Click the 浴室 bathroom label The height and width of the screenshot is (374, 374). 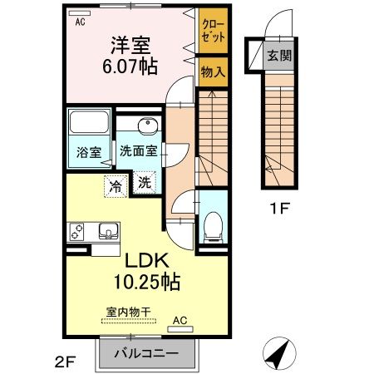(x=89, y=153)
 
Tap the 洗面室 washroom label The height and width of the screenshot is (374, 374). (x=138, y=153)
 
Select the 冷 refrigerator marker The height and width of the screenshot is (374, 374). (x=116, y=185)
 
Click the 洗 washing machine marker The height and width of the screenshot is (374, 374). (x=144, y=184)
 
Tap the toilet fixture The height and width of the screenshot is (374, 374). (x=211, y=222)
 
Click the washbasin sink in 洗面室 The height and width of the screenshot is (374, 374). (x=147, y=126)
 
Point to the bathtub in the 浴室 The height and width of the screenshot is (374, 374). (x=89, y=125)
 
